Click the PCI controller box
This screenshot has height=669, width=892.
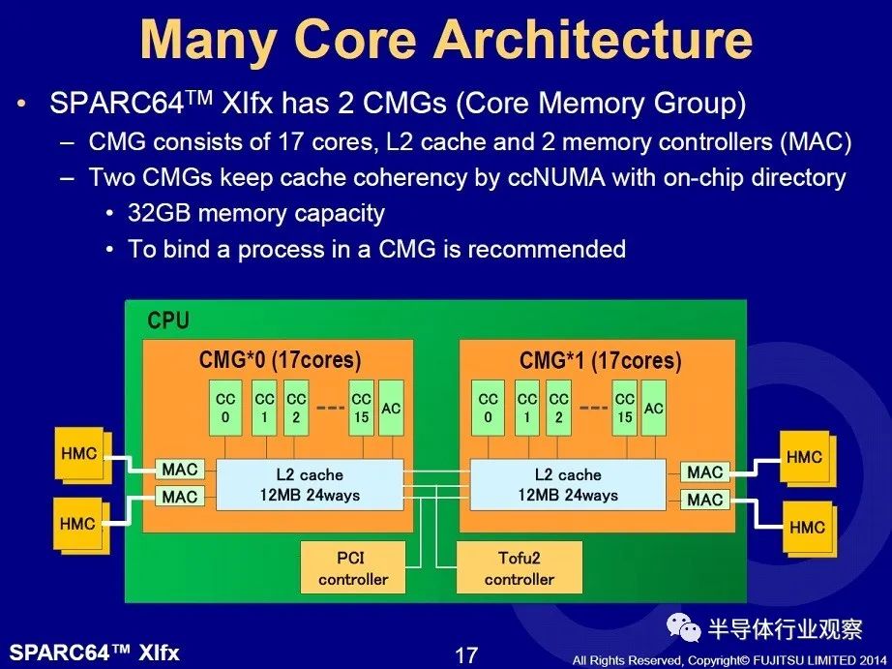[353, 567]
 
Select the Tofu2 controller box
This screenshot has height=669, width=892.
[520, 567]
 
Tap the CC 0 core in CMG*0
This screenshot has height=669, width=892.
[225, 409]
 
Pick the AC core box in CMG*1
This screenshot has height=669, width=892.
[653, 409]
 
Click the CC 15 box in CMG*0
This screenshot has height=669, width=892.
[361, 409]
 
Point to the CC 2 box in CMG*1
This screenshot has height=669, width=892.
[558, 409]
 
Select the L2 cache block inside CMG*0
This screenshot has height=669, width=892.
[310, 484]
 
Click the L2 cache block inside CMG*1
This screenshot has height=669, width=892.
[568, 484]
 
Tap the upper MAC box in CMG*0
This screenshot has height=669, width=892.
[180, 470]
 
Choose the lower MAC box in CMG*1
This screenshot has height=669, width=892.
[705, 500]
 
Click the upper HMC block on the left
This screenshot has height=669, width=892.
[80, 455]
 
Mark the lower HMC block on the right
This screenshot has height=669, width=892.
[808, 529]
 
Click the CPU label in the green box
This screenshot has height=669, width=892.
[168, 320]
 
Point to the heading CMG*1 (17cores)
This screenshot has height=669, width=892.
[600, 360]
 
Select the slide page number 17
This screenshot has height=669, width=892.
[466, 655]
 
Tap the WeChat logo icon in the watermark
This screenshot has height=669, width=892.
[684, 627]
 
